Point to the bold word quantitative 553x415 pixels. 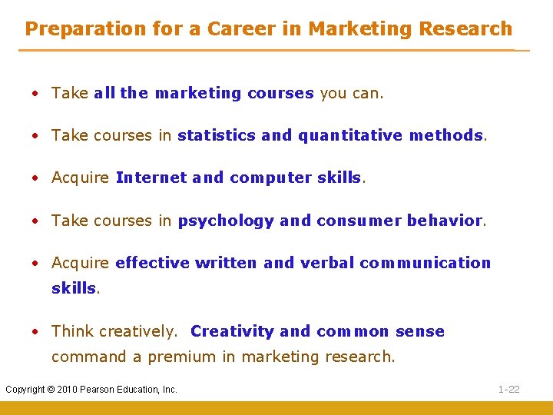click(x=350, y=135)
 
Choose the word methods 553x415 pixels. click(x=445, y=135)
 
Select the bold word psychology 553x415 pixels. click(x=226, y=221)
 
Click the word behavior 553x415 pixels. click(x=444, y=221)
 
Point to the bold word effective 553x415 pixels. click(x=152, y=263)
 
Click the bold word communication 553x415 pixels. click(x=425, y=263)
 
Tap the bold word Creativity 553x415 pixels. click(x=232, y=331)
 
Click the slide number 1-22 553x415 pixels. click(x=508, y=390)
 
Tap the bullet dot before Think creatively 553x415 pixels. click(x=35, y=332)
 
